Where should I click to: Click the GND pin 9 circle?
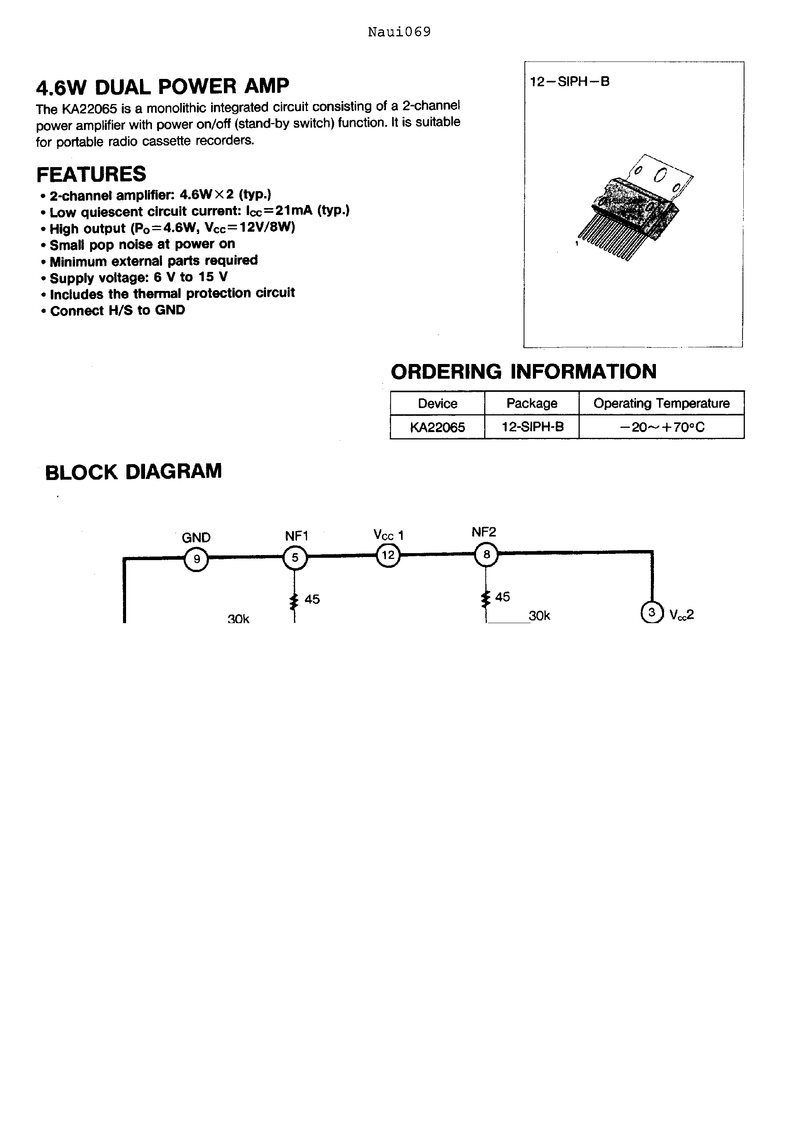click(x=196, y=559)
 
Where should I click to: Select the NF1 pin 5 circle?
click(x=295, y=558)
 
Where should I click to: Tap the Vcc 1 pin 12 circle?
click(x=388, y=555)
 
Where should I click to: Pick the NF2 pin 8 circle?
click(x=486, y=555)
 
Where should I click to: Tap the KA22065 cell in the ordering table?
click(x=437, y=427)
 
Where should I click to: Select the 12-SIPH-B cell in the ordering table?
click(x=532, y=427)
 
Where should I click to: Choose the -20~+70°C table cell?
click(x=662, y=427)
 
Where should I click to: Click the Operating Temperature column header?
click(x=662, y=403)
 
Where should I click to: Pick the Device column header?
click(x=437, y=403)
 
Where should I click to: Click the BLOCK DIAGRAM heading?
click(x=133, y=472)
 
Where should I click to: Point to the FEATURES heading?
click(x=92, y=174)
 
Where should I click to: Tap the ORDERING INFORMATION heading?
click(x=524, y=371)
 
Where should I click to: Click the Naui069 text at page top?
click(x=399, y=32)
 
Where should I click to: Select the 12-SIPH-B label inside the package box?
click(x=569, y=82)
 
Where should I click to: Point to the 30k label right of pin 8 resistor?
click(x=539, y=616)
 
